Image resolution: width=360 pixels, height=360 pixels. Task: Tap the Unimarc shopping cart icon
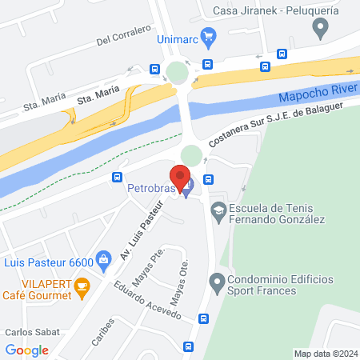pyautogui.click(x=210, y=35)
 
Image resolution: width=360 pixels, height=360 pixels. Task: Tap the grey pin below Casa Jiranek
pyautogui.click(x=321, y=30)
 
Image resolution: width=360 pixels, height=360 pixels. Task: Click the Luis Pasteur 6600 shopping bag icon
pyautogui.click(x=102, y=259)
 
